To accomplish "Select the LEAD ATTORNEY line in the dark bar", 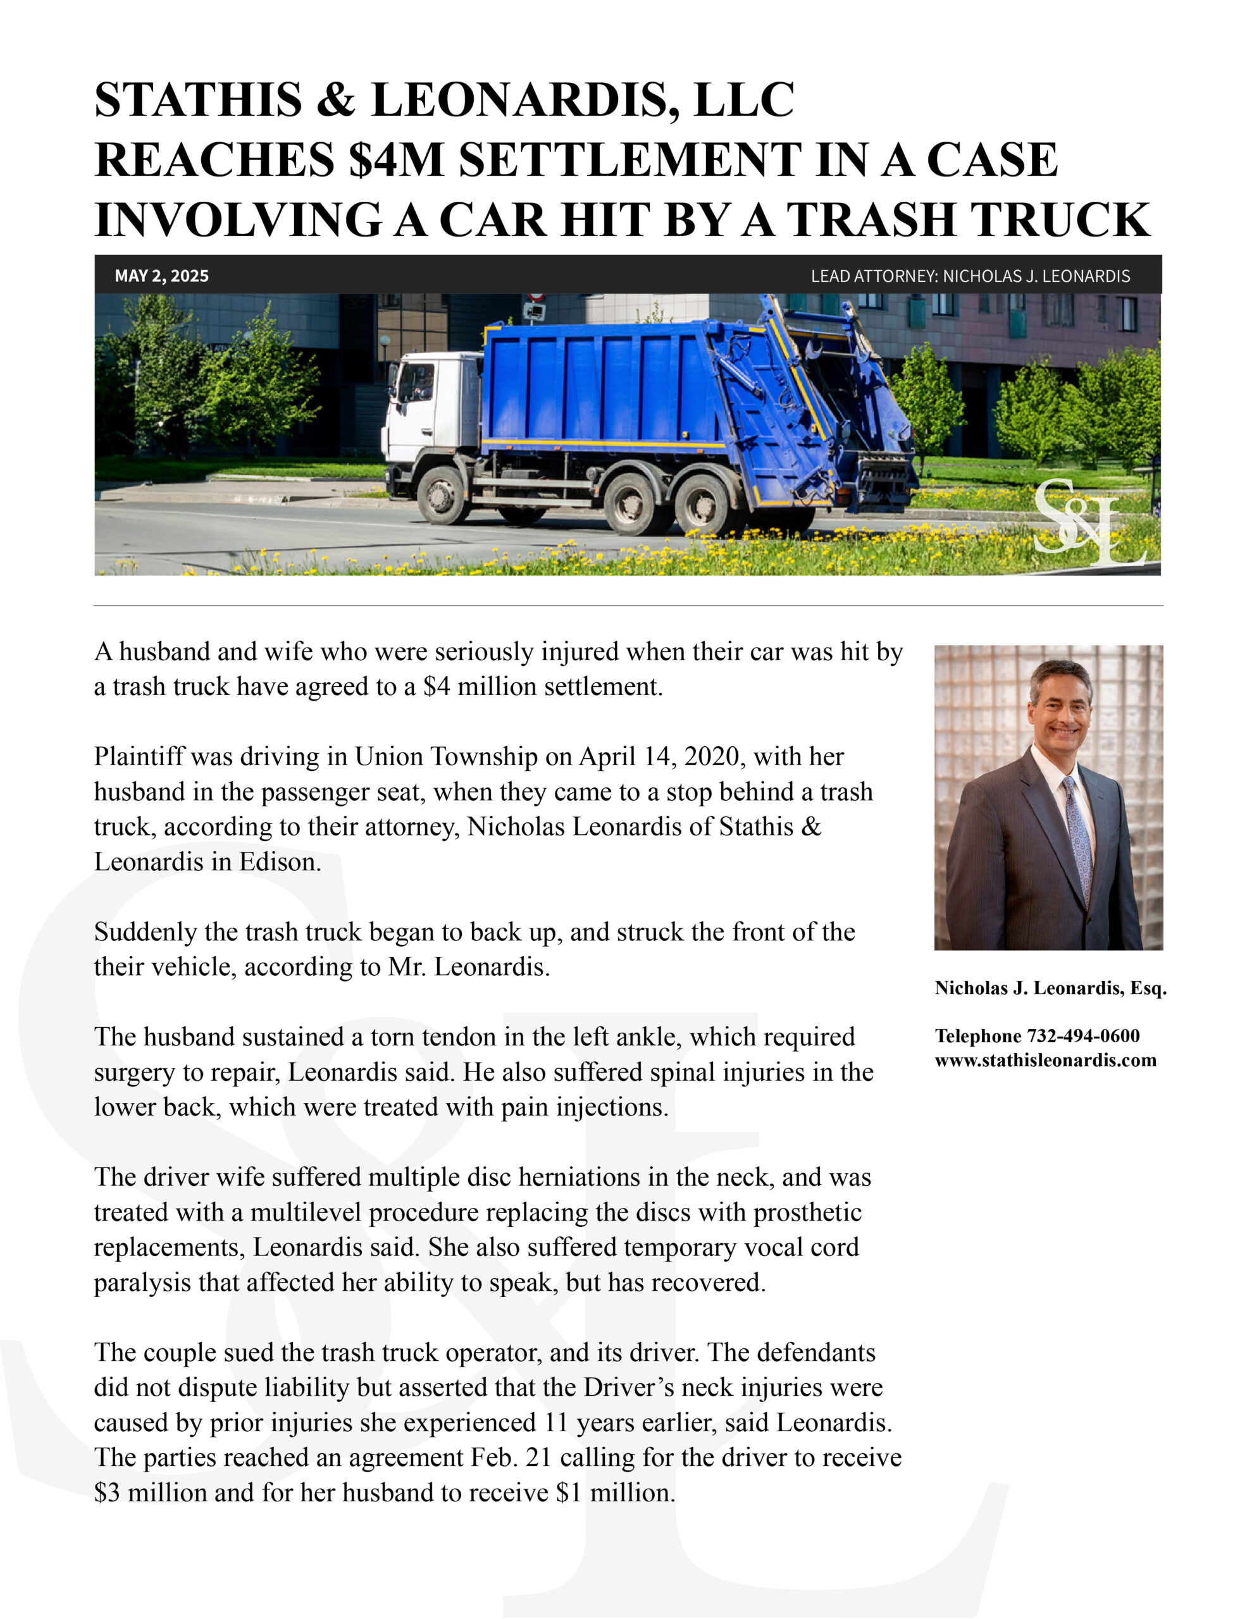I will [x=969, y=276].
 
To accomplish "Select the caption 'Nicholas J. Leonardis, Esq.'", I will [x=1050, y=987].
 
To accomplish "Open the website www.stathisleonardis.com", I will [x=1045, y=1060].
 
